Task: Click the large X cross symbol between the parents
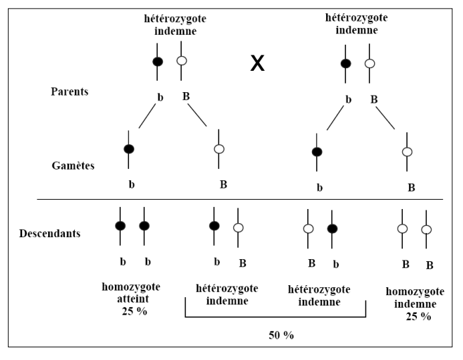click(257, 64)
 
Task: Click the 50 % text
click(279, 335)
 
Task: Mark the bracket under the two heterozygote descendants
click(275, 317)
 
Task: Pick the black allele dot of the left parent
click(158, 61)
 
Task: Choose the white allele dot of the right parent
click(369, 64)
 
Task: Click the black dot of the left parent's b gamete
click(129, 148)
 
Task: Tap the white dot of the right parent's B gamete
click(407, 152)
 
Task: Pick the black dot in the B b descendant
click(333, 228)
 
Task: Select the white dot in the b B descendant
click(239, 227)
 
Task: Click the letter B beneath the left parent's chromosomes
click(186, 96)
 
